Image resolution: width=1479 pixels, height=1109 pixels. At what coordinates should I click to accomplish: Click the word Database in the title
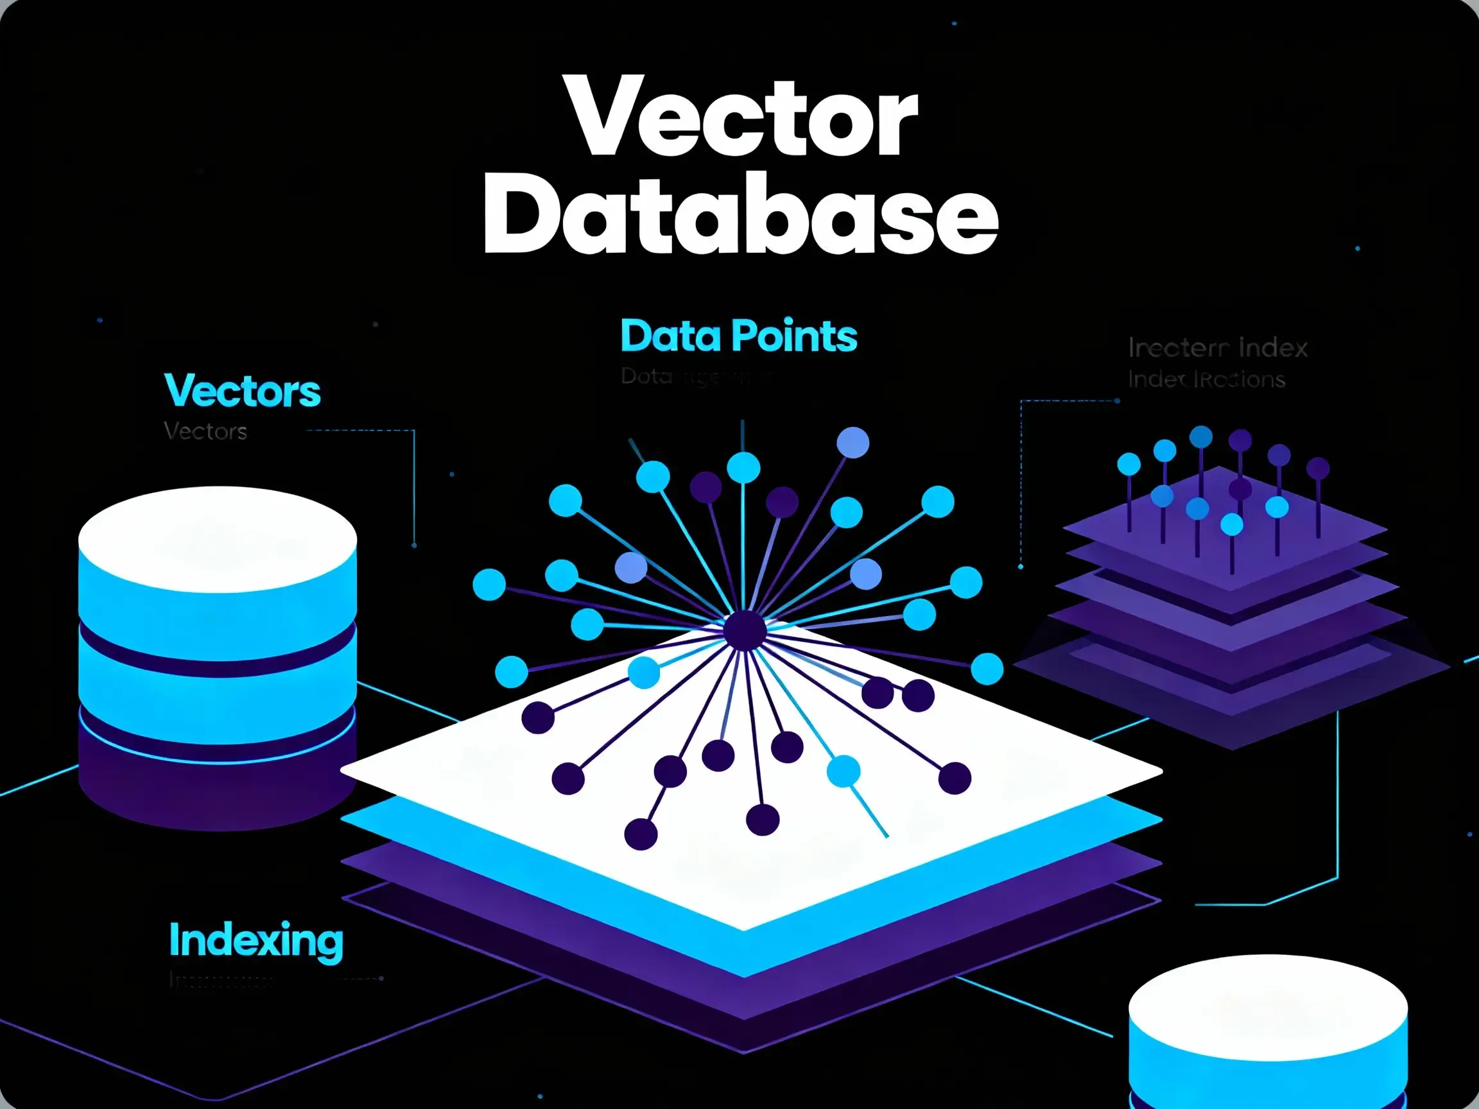tap(741, 214)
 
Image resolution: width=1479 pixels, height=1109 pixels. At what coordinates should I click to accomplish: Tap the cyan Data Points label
tap(738, 336)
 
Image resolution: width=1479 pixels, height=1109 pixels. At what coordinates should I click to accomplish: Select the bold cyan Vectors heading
tap(242, 391)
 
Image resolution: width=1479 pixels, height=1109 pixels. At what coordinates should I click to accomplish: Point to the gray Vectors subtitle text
tap(205, 432)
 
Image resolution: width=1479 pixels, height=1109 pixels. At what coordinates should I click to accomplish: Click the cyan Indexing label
tap(256, 941)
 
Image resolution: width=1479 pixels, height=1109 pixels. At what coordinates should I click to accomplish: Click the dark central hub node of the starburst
tap(744, 630)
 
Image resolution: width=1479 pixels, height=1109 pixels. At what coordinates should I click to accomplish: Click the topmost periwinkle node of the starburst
tap(852, 443)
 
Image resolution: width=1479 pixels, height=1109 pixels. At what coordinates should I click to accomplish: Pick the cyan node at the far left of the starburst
tap(489, 585)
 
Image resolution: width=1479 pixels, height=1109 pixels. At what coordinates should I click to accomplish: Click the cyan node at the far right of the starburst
tap(987, 669)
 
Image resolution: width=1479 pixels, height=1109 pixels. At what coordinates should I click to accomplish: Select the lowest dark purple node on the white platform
tap(641, 834)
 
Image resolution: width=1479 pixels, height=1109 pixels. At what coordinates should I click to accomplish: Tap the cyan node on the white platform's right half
tap(843, 771)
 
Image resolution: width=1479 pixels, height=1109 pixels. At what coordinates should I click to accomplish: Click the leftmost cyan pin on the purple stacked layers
tap(1129, 464)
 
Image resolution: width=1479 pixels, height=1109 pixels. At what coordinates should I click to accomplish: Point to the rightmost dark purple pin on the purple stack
tap(1318, 468)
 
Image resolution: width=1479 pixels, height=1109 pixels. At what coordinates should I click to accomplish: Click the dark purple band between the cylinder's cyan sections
tap(218, 645)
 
